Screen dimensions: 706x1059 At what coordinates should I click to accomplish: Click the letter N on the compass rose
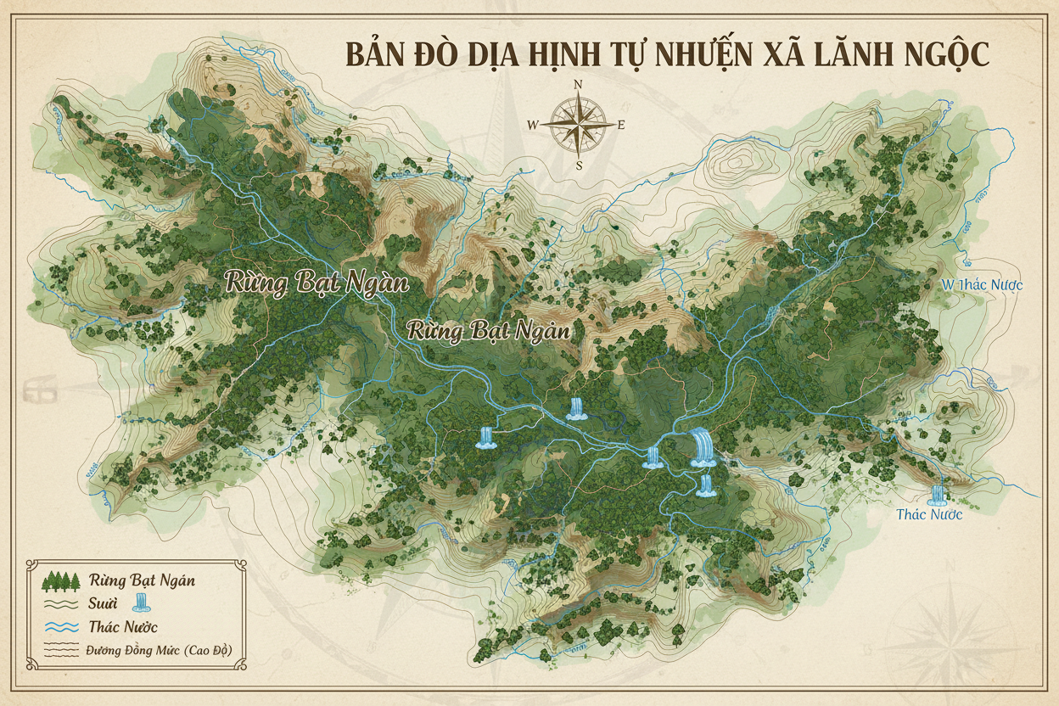[x=578, y=84]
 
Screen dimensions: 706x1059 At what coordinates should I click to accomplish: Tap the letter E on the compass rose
[x=621, y=125]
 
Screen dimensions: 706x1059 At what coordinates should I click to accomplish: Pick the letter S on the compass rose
[x=579, y=165]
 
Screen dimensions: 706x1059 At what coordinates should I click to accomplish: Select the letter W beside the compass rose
[x=533, y=125]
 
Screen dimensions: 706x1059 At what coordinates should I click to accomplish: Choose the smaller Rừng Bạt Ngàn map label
[x=489, y=330]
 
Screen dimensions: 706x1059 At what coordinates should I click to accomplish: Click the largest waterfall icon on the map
[x=703, y=447]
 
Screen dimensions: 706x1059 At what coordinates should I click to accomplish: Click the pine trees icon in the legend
[x=60, y=581]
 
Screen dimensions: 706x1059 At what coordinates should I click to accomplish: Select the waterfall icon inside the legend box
[x=143, y=603]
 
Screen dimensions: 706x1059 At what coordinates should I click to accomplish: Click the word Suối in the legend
[x=104, y=604]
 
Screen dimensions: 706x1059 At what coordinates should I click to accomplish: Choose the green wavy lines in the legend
[x=60, y=604]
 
